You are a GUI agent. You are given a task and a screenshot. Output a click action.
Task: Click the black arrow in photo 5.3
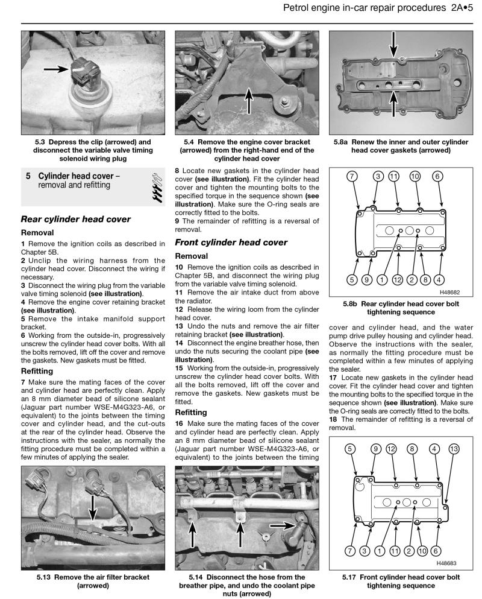(x=57, y=70)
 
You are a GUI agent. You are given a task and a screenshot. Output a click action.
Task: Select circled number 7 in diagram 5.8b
(x=352, y=176)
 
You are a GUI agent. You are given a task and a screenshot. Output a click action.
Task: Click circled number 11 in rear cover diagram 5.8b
(x=393, y=176)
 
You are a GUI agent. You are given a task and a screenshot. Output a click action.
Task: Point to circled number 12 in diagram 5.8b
(x=396, y=279)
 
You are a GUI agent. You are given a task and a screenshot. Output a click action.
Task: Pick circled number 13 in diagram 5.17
(x=454, y=448)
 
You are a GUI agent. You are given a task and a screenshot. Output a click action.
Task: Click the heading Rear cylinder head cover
(x=76, y=220)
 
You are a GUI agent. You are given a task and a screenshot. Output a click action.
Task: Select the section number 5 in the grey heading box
(x=28, y=176)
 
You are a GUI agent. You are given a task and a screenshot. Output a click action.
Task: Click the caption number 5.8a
(x=343, y=143)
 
